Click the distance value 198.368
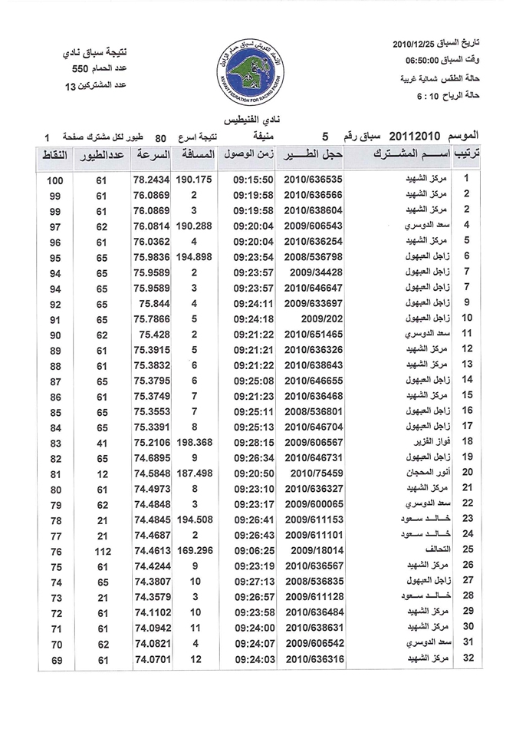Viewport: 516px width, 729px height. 195,441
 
